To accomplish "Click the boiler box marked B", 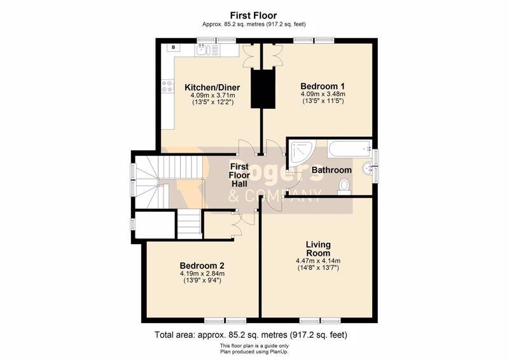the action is (x=174, y=48).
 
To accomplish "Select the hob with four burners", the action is (x=167, y=86).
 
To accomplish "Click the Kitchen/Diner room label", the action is (x=213, y=87).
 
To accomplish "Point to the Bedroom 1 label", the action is (x=323, y=87).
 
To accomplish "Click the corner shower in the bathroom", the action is (x=302, y=154).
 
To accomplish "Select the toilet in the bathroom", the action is (x=344, y=187).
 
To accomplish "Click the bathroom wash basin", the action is (x=368, y=168).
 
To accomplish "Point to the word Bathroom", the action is (x=331, y=170).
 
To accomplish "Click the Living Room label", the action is (x=318, y=249).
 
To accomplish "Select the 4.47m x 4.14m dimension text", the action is (x=318, y=261).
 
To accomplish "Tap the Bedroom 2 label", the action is (x=202, y=265).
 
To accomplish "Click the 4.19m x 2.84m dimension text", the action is (x=202, y=273).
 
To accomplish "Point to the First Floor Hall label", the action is (x=239, y=176).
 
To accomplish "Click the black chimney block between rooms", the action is (x=263, y=88).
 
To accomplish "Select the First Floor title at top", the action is (x=253, y=15).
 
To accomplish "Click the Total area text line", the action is (x=251, y=335).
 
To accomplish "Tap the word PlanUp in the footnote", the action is (x=279, y=352).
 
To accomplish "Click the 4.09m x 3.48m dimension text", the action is (x=323, y=94).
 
